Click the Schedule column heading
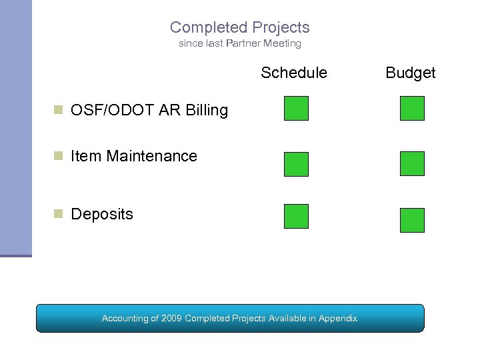[294, 73]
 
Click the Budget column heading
[411, 73]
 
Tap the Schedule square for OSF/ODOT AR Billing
[296, 108]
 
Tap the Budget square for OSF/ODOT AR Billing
[412, 108]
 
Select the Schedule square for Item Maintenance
[296, 164]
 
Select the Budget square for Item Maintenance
[412, 163]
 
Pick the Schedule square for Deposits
[296, 217]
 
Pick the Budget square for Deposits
[412, 220]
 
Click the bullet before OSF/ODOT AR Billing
[59, 109]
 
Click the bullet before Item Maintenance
[59, 155]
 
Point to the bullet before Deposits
[59, 213]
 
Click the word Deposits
[102, 215]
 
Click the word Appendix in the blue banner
[337, 319]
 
